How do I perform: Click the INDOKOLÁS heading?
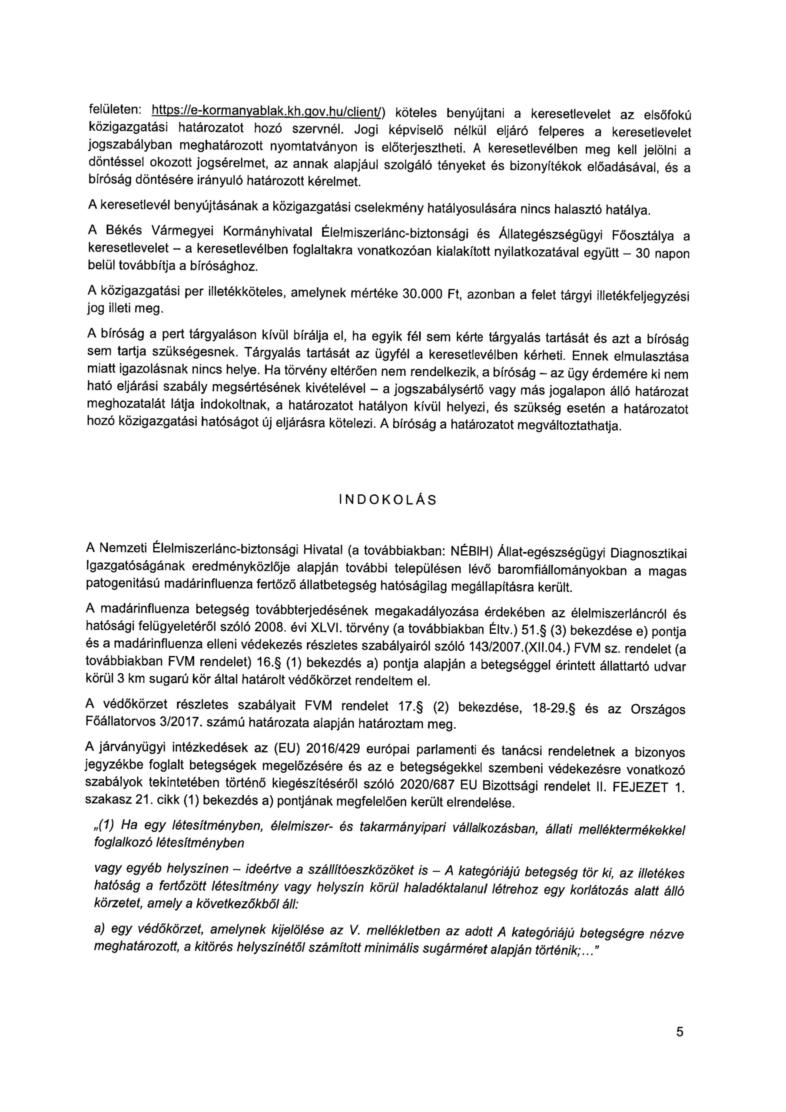(388, 500)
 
